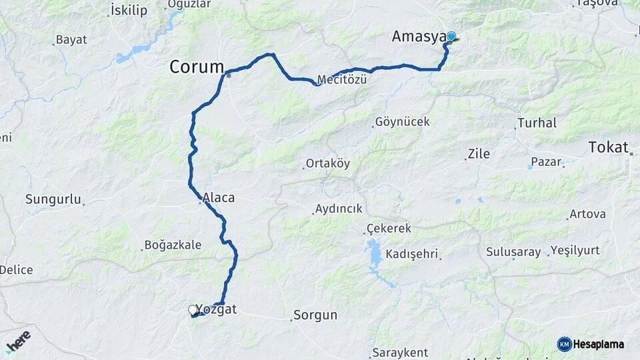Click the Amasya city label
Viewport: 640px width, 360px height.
click(418, 37)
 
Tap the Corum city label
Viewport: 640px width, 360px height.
click(197, 67)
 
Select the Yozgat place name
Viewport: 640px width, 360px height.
click(216, 309)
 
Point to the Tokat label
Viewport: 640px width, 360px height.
click(609, 147)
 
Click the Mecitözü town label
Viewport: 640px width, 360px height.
click(342, 79)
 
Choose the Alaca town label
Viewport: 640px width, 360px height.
click(219, 198)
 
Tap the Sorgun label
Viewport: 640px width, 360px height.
click(315, 315)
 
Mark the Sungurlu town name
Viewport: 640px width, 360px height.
click(53, 199)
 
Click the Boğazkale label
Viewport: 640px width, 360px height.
click(173, 245)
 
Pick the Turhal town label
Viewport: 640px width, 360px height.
click(537, 123)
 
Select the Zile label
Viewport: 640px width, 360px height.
click(479, 154)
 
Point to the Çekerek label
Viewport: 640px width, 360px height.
click(389, 229)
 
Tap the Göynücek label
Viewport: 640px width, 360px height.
click(403, 122)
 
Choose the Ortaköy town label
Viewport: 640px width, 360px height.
click(327, 163)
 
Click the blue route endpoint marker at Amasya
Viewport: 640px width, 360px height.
click(451, 37)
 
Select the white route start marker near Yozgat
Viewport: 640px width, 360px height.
click(193, 310)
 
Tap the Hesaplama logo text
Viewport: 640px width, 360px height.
click(599, 345)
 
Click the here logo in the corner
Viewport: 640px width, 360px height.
click(18, 341)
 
